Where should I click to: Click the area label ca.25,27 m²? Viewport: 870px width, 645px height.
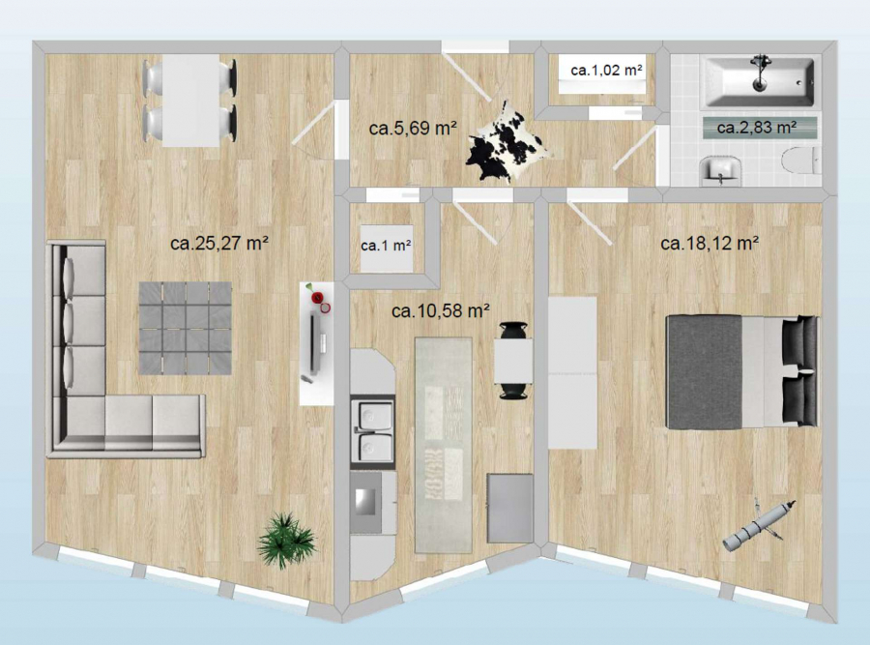(219, 243)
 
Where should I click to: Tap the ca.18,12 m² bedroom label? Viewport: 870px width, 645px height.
(710, 243)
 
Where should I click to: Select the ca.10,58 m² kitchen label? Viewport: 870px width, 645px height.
(441, 310)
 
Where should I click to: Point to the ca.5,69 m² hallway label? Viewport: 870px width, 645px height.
(413, 129)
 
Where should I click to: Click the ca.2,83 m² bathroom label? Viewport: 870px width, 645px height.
(757, 128)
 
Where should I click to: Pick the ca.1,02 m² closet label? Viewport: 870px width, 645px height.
(606, 71)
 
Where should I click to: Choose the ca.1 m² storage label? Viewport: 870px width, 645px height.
(386, 246)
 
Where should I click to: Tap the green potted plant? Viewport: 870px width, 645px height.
(287, 541)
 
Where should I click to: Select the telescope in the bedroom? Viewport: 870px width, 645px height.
(759, 525)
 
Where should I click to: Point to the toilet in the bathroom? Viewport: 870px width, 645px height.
(800, 161)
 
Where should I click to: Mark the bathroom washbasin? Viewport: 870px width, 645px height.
(719, 169)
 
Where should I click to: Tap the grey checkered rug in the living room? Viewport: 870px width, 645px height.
(186, 328)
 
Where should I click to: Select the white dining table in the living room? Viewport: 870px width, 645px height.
(190, 101)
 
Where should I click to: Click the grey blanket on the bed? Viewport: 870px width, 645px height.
(704, 372)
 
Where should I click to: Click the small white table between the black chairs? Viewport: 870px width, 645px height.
(514, 361)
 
